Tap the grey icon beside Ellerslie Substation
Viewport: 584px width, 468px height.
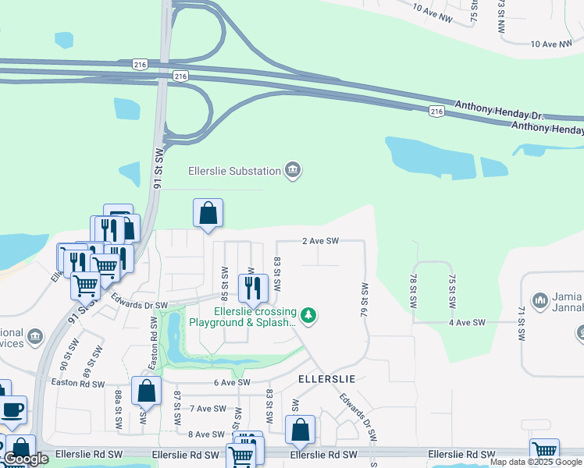pyautogui.click(x=293, y=170)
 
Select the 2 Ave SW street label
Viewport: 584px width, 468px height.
pyautogui.click(x=320, y=242)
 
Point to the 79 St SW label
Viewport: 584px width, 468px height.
pyautogui.click(x=364, y=300)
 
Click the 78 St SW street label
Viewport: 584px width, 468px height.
pyautogui.click(x=413, y=289)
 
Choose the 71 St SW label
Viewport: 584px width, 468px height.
pyautogui.click(x=522, y=323)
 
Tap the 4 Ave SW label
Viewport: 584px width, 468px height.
pyautogui.click(x=467, y=322)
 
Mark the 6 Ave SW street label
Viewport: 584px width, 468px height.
pyautogui.click(x=231, y=382)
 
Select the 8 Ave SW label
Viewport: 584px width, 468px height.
pyautogui.click(x=206, y=434)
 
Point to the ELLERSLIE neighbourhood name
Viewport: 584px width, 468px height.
pyautogui.click(x=327, y=378)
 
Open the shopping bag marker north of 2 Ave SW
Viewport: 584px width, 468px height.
pyautogui.click(x=208, y=213)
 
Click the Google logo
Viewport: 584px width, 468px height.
pyautogui.click(x=26, y=459)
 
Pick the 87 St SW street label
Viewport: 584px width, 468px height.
pyautogui.click(x=177, y=408)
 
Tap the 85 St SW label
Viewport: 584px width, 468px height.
pyautogui.click(x=224, y=284)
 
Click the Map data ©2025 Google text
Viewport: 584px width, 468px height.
pyautogui.click(x=536, y=462)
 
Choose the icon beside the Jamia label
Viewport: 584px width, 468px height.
pyautogui.click(x=540, y=300)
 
